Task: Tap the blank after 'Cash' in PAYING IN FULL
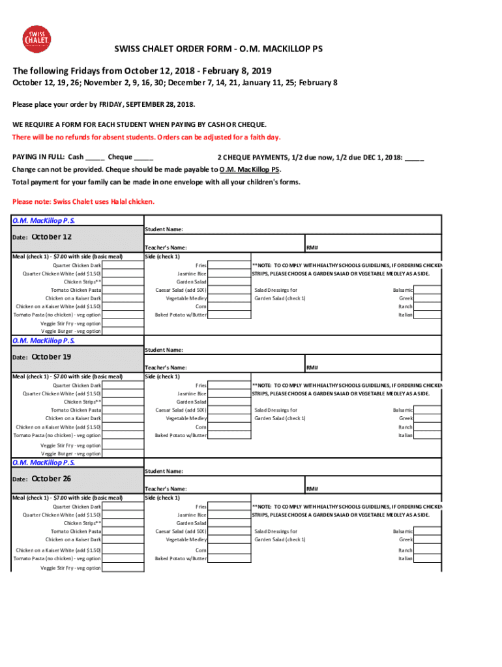pos(95,157)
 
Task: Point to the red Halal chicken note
pos(84,201)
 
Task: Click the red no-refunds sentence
pos(147,137)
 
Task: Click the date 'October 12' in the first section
pos(52,237)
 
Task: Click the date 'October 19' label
pos(52,357)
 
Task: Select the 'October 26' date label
pos(52,479)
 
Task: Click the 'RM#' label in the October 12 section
pos(312,248)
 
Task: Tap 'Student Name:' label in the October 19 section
pos(164,350)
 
